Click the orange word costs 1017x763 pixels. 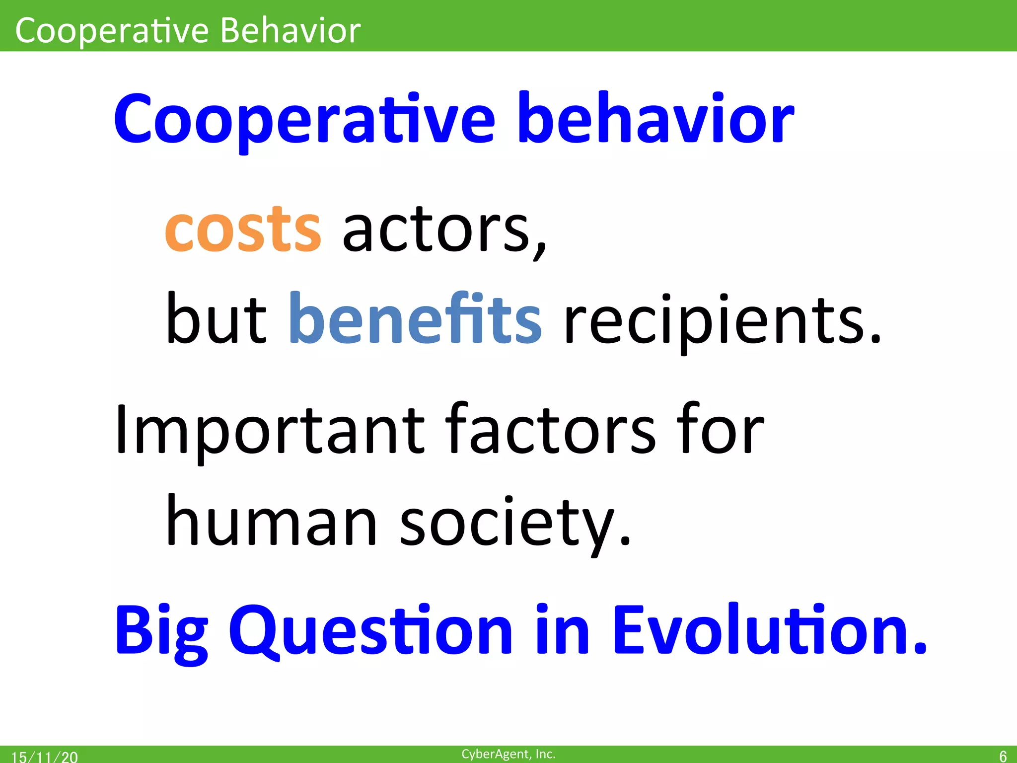(x=243, y=229)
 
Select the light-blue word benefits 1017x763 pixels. (x=415, y=319)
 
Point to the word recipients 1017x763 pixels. (x=723, y=320)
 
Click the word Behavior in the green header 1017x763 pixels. (x=290, y=31)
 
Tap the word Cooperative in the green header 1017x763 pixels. (x=112, y=31)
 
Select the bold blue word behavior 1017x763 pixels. (x=655, y=119)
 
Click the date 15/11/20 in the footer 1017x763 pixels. (x=44, y=757)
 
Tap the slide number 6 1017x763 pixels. (x=1003, y=756)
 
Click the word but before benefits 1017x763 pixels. (x=216, y=319)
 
